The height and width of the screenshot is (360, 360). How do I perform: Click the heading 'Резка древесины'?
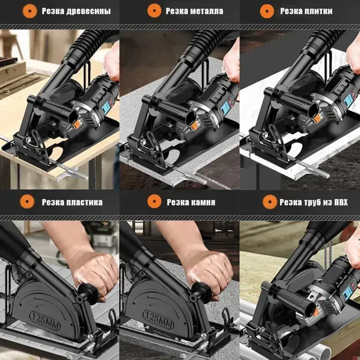pyautogui.click(x=76, y=11)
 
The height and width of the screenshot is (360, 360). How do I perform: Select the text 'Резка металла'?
pyautogui.click(x=194, y=11)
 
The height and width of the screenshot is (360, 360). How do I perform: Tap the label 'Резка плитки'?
pyautogui.click(x=306, y=11)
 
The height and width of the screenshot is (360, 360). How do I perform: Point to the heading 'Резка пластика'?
pyautogui.click(x=72, y=202)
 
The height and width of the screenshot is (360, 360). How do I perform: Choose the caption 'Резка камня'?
pyautogui.click(x=191, y=202)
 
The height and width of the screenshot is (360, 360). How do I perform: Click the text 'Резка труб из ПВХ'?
pyautogui.click(x=314, y=202)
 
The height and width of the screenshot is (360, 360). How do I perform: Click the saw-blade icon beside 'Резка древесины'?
pyautogui.click(x=30, y=11)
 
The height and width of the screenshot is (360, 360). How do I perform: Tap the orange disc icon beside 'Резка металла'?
pyautogui.click(x=154, y=11)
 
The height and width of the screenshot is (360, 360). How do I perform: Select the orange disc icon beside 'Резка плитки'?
pyautogui.click(x=267, y=11)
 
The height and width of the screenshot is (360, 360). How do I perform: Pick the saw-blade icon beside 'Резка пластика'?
pyautogui.click(x=27, y=201)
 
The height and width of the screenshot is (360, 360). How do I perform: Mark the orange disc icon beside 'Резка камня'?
pyautogui.click(x=154, y=201)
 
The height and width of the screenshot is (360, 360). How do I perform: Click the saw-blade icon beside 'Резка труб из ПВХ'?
pyautogui.click(x=270, y=202)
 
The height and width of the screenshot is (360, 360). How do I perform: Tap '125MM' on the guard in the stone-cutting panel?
pyautogui.click(x=158, y=319)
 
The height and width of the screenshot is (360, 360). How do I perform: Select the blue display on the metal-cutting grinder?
pyautogui.click(x=226, y=107)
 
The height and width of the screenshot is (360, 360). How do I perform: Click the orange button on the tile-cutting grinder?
pyautogui.click(x=317, y=119)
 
